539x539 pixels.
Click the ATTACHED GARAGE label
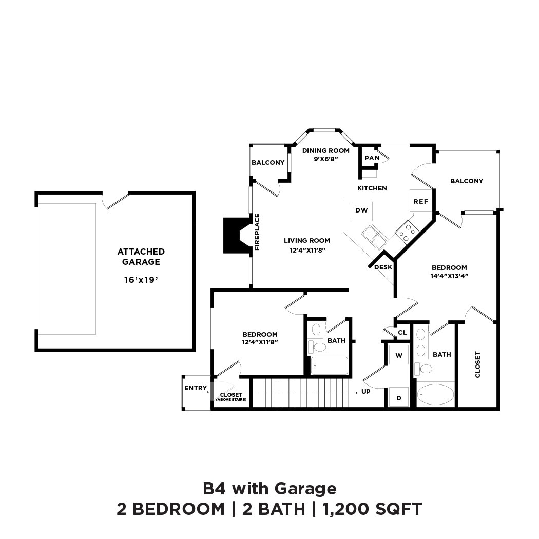click(141, 257)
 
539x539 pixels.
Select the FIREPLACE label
click(257, 232)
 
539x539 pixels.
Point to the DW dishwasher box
click(361, 210)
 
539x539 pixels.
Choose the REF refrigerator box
click(421, 201)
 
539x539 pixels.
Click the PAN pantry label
click(372, 158)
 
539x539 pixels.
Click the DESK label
click(383, 267)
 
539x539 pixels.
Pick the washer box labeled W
click(399, 355)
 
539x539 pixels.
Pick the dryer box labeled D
click(399, 397)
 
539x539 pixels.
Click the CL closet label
click(402, 333)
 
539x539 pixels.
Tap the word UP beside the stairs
click(367, 391)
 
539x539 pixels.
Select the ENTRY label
click(196, 388)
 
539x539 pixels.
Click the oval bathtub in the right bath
click(435, 395)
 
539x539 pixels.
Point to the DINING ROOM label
click(325, 150)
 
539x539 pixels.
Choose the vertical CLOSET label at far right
click(478, 364)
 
